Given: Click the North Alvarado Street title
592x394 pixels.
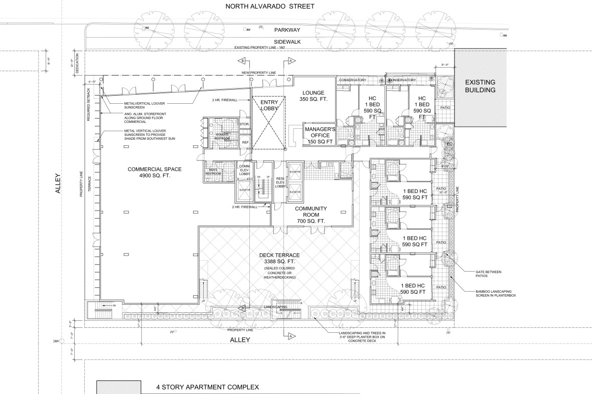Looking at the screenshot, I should pyautogui.click(x=269, y=7).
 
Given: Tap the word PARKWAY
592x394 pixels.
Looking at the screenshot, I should pyautogui.click(x=287, y=30).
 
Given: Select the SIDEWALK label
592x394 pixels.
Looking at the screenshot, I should pyautogui.click(x=287, y=42).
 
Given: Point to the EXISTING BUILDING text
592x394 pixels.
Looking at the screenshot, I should pyautogui.click(x=480, y=86).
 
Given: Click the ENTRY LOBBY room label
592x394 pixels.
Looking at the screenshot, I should pyautogui.click(x=268, y=105).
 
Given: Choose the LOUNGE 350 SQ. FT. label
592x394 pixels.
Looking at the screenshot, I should pyautogui.click(x=314, y=96).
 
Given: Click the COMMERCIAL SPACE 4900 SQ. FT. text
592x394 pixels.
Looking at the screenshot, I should pyautogui.click(x=147, y=172).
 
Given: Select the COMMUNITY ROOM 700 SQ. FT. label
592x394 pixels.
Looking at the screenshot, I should pyautogui.click(x=311, y=215).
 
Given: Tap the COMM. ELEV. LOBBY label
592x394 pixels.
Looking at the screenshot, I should pyautogui.click(x=244, y=170).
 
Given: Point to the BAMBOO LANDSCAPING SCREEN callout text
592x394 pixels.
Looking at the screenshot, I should pyautogui.click(x=495, y=293).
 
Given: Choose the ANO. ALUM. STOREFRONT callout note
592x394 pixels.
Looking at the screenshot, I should pyautogui.click(x=145, y=118).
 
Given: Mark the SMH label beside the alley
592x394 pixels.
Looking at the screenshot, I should pyautogui.click(x=62, y=341).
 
